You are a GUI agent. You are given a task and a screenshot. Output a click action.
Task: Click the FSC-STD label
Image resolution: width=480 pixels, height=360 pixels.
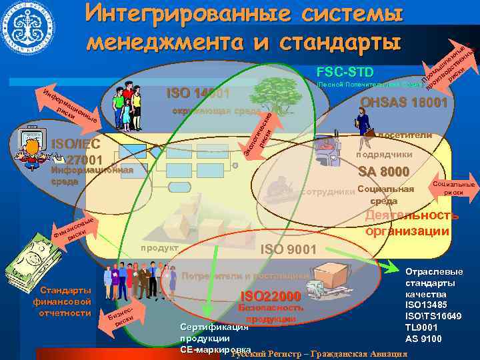[345, 72]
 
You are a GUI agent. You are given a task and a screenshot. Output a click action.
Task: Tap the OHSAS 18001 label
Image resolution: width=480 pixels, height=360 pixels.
[403, 103]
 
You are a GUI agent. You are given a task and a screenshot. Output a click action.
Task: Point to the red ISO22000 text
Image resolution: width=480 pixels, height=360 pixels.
[271, 296]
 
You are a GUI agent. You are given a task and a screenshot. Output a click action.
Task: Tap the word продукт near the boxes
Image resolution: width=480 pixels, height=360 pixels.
[159, 248]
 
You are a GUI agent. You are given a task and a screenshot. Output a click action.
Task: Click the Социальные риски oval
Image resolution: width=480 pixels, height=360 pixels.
[453, 188]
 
